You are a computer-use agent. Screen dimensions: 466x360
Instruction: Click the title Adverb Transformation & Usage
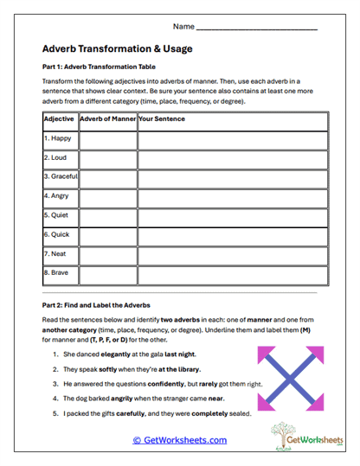click(x=117, y=48)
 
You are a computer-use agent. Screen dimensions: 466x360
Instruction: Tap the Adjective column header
click(x=59, y=118)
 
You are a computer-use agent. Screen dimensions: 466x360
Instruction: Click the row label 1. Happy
click(x=58, y=137)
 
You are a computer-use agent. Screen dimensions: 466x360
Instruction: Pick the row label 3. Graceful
click(x=60, y=176)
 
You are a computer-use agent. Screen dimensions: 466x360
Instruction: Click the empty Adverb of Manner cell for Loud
click(x=107, y=157)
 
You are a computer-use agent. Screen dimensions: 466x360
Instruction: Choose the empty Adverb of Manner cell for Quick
click(x=107, y=234)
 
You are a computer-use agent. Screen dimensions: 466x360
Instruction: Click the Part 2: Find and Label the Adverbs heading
click(x=96, y=305)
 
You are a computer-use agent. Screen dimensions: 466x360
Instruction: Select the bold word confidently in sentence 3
click(x=185, y=383)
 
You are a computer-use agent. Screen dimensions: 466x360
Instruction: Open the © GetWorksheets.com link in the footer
click(x=180, y=440)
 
